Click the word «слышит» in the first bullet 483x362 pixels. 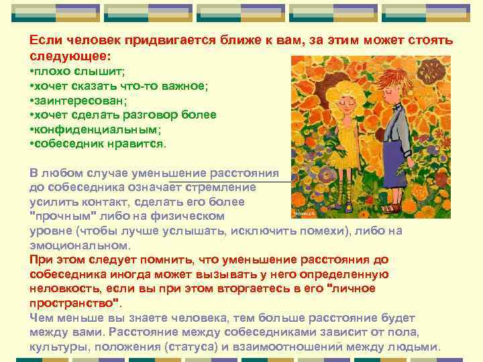point(94,71)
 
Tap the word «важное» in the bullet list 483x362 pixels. point(182,86)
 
